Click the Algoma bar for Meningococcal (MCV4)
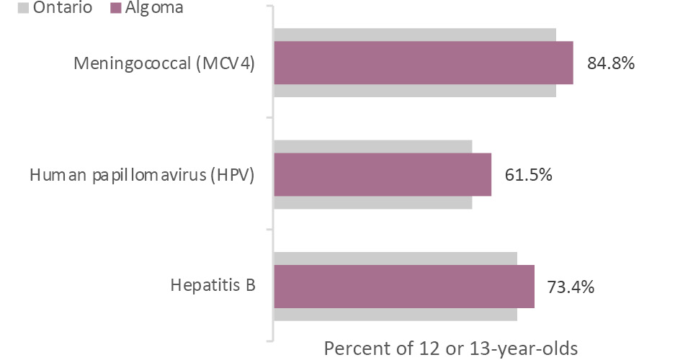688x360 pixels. coord(424,63)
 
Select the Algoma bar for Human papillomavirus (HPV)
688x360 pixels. coord(383,174)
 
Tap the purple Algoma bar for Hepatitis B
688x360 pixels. coord(404,287)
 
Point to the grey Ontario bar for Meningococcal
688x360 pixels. coord(414,35)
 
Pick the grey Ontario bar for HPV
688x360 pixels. coord(372,146)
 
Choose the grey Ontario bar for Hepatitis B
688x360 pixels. coord(395,258)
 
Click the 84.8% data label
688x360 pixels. coord(611,63)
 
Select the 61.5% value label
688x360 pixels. coord(529,175)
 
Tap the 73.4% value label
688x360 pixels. coord(571,287)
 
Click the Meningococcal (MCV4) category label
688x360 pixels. coord(165,63)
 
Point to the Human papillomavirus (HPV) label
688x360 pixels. coord(142,175)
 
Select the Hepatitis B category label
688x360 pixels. coord(213,286)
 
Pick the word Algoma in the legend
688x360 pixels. coord(154,8)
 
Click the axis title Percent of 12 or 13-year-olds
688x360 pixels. coord(451,348)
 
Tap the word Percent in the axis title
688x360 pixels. coord(354,348)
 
